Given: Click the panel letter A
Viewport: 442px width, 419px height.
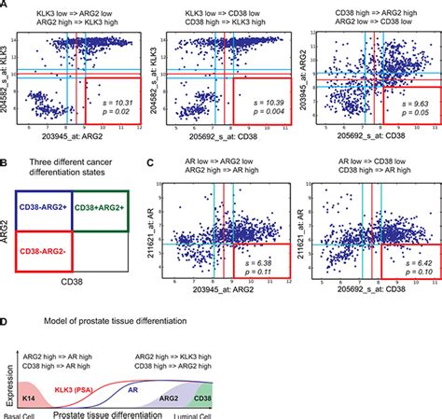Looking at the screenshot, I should pos(7,7).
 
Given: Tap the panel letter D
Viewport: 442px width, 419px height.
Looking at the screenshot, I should pos(7,320).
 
